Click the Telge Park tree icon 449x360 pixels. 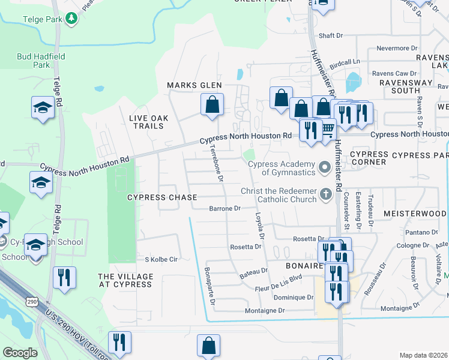[x=72, y=19]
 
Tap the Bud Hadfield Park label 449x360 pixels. [x=34, y=60]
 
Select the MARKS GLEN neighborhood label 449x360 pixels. [x=194, y=86]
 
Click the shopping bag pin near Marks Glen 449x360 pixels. [x=212, y=105]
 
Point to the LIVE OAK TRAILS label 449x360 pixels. [x=146, y=122]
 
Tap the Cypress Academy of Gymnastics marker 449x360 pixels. [x=325, y=166]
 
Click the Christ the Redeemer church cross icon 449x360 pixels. [x=325, y=193]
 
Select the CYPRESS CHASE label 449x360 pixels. [x=161, y=197]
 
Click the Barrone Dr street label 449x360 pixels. [x=224, y=209]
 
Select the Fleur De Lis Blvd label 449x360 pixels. [x=279, y=278]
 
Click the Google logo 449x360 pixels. [x=19, y=353]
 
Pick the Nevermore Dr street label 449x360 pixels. [x=396, y=48]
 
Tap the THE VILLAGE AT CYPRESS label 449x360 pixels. [x=125, y=280]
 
